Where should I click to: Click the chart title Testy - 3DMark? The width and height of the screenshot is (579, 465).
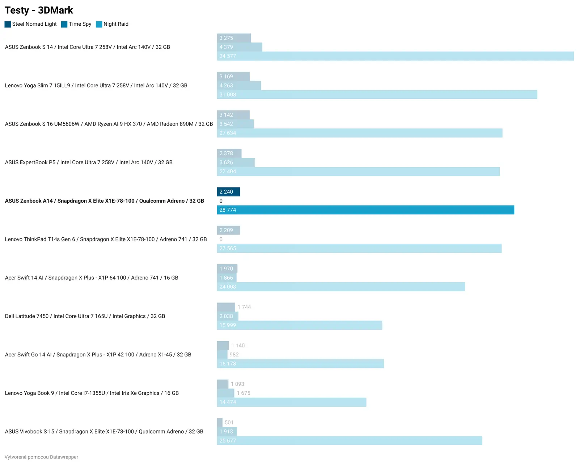pyautogui.click(x=39, y=10)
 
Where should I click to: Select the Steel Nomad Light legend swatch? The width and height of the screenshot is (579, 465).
pyautogui.click(x=8, y=24)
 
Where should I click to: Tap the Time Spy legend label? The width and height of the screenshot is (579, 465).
pyautogui.click(x=80, y=24)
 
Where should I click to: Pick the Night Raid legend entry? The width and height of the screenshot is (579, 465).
pyautogui.click(x=116, y=24)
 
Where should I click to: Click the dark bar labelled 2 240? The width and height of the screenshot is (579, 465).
pyautogui.click(x=228, y=192)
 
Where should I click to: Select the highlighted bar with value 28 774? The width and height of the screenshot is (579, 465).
pyautogui.click(x=365, y=210)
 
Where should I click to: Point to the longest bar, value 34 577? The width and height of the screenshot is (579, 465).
pyautogui.click(x=395, y=56)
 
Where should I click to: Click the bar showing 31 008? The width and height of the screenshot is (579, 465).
pyautogui.click(x=377, y=94)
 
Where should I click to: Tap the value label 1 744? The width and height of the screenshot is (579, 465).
pyautogui.click(x=244, y=307)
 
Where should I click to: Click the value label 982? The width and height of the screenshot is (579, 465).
pyautogui.click(x=234, y=355)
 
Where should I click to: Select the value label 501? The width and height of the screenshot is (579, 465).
pyautogui.click(x=229, y=422)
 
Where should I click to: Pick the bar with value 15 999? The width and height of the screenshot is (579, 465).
pyautogui.click(x=300, y=325)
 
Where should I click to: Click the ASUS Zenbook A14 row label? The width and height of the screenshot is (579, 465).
pyautogui.click(x=105, y=201)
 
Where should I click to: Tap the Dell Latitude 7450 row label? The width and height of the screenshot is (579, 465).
pyautogui.click(x=85, y=316)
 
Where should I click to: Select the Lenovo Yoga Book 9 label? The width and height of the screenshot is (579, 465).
pyautogui.click(x=92, y=393)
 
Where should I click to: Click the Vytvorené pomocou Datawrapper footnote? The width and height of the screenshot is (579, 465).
pyautogui.click(x=41, y=457)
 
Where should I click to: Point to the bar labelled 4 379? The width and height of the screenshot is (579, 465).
pyautogui.click(x=240, y=47)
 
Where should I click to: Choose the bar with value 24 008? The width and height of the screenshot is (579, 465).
pyautogui.click(x=341, y=287)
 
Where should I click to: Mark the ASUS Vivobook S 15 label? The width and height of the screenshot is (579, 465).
pyautogui.click(x=104, y=431)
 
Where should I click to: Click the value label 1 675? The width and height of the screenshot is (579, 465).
pyautogui.click(x=244, y=393)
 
